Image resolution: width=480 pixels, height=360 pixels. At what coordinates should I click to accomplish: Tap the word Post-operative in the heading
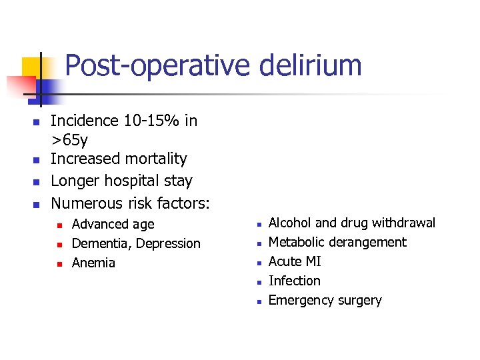point(154,66)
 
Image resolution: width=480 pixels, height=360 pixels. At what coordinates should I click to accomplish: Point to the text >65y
point(69,140)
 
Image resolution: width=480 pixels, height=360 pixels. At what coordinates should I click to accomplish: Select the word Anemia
point(93,263)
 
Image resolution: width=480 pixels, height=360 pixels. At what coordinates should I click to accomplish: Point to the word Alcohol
point(290,223)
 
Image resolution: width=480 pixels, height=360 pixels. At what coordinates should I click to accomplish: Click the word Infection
point(294,281)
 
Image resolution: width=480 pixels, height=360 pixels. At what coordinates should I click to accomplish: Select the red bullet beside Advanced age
point(59,225)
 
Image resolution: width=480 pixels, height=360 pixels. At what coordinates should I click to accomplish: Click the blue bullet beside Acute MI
point(257,263)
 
